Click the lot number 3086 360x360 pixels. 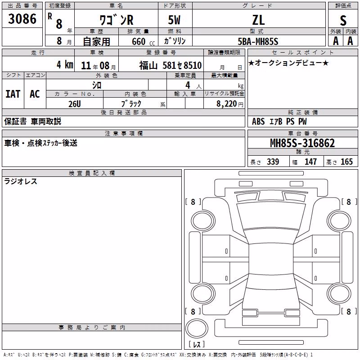pyautogui.click(x=22, y=18)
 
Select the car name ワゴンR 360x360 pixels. pyautogui.click(x=117, y=20)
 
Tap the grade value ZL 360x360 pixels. pyautogui.click(x=258, y=20)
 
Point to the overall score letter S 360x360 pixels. pyautogui.click(x=343, y=20)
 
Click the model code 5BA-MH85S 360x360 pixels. pyautogui.click(x=258, y=41)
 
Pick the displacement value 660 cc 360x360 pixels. pyautogui.click(x=143, y=41)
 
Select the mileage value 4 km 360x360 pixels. pyautogui.click(x=65, y=64)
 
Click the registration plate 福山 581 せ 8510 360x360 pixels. pyautogui.click(x=170, y=65)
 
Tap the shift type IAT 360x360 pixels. pyautogui.click(x=13, y=94)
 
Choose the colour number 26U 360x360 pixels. pyautogui.click(x=75, y=104)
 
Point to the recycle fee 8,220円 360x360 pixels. pyautogui.click(x=230, y=104)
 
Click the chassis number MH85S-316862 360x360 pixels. pyautogui.click(x=302, y=143)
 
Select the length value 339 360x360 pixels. pyautogui.click(x=273, y=162)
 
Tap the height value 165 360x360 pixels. pyautogui.click(x=346, y=162)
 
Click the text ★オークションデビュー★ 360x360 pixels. pyautogui.click(x=288, y=63)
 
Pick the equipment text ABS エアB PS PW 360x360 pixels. pyautogui.click(x=279, y=121)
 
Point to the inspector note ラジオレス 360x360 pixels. pyautogui.click(x=21, y=181)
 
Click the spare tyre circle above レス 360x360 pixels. pyautogui.click(x=197, y=328)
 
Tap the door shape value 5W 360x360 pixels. pyautogui.click(x=174, y=20)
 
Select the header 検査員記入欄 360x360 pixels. pyautogui.click(x=92, y=173)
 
